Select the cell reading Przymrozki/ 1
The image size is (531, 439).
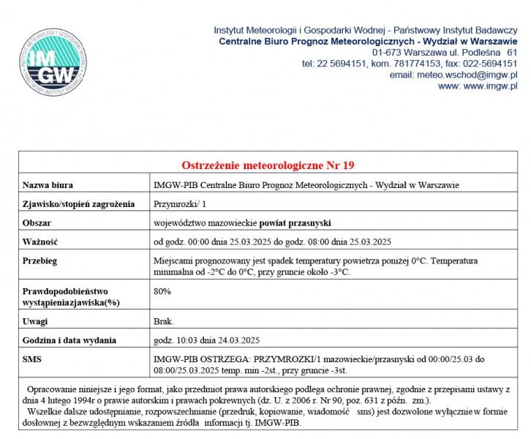coord(180,203)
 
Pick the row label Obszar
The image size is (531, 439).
coord(37,222)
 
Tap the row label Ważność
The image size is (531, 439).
coord(40,241)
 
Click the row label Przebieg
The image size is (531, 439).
coord(40,261)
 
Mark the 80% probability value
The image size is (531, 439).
coord(162,291)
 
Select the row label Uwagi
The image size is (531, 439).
coord(35,321)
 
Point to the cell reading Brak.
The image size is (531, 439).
coord(163,321)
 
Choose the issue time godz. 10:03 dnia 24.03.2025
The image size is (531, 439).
coord(206,340)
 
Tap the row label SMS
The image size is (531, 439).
coord(33,359)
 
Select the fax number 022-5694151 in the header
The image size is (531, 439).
coord(489,64)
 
